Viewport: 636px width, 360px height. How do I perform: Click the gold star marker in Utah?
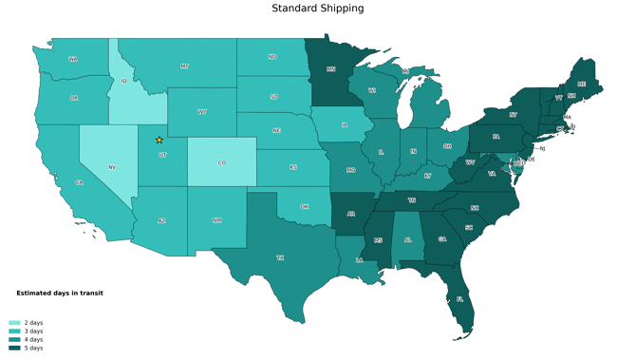(x=159, y=141)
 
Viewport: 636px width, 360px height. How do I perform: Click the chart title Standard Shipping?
(x=317, y=9)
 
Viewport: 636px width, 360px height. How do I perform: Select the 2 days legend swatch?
(x=14, y=323)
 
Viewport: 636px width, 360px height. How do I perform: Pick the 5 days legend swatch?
(x=14, y=349)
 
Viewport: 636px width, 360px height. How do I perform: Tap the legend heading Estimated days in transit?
(x=60, y=294)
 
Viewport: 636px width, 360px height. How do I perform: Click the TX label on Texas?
(x=280, y=257)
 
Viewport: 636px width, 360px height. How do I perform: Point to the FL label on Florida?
(x=460, y=299)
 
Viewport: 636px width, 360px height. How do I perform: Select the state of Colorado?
(x=222, y=162)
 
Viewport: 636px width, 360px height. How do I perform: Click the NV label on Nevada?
(x=112, y=167)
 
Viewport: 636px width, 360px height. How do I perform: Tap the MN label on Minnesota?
(x=331, y=69)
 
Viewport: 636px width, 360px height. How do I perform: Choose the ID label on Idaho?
(x=124, y=82)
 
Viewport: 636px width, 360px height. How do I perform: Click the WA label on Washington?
(x=73, y=59)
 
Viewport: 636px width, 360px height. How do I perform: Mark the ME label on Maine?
(x=582, y=85)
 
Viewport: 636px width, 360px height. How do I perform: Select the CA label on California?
(x=80, y=182)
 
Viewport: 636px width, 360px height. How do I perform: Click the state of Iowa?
(x=344, y=124)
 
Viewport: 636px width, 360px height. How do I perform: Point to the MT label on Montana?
(x=184, y=66)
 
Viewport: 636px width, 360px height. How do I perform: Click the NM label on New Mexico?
(x=217, y=220)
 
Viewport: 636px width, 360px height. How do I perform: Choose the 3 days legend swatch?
(x=14, y=332)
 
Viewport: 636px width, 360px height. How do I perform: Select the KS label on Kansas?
(x=293, y=167)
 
